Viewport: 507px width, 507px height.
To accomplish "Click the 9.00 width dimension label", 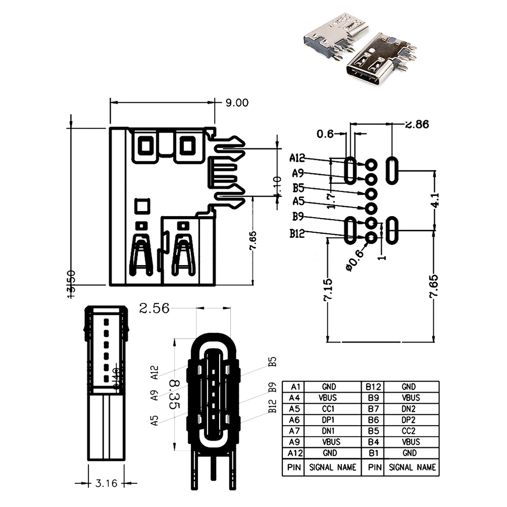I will pyautogui.click(x=237, y=103).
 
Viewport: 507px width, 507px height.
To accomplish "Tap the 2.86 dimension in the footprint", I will pyautogui.click(x=416, y=124).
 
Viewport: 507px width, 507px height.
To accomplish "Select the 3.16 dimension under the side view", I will pyautogui.click(x=106, y=483).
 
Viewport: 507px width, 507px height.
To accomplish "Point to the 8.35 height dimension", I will pyautogui.click(x=175, y=395).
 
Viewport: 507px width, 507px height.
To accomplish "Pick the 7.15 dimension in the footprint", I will pyautogui.click(x=328, y=289).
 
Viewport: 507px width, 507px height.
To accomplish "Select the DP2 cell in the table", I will pyautogui.click(x=411, y=420).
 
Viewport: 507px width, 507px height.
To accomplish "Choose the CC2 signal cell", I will pyautogui.click(x=411, y=431).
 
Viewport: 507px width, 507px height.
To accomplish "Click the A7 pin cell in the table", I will pyautogui.click(x=294, y=431).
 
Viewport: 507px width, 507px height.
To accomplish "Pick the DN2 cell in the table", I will pyautogui.click(x=411, y=409).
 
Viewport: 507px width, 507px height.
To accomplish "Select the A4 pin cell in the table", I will pyautogui.click(x=294, y=398).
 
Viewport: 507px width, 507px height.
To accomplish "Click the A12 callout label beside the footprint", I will pyautogui.click(x=298, y=158).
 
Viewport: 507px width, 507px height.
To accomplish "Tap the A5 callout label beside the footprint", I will pyautogui.click(x=299, y=201).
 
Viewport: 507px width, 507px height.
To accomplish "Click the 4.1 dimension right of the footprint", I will pyautogui.click(x=435, y=200).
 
